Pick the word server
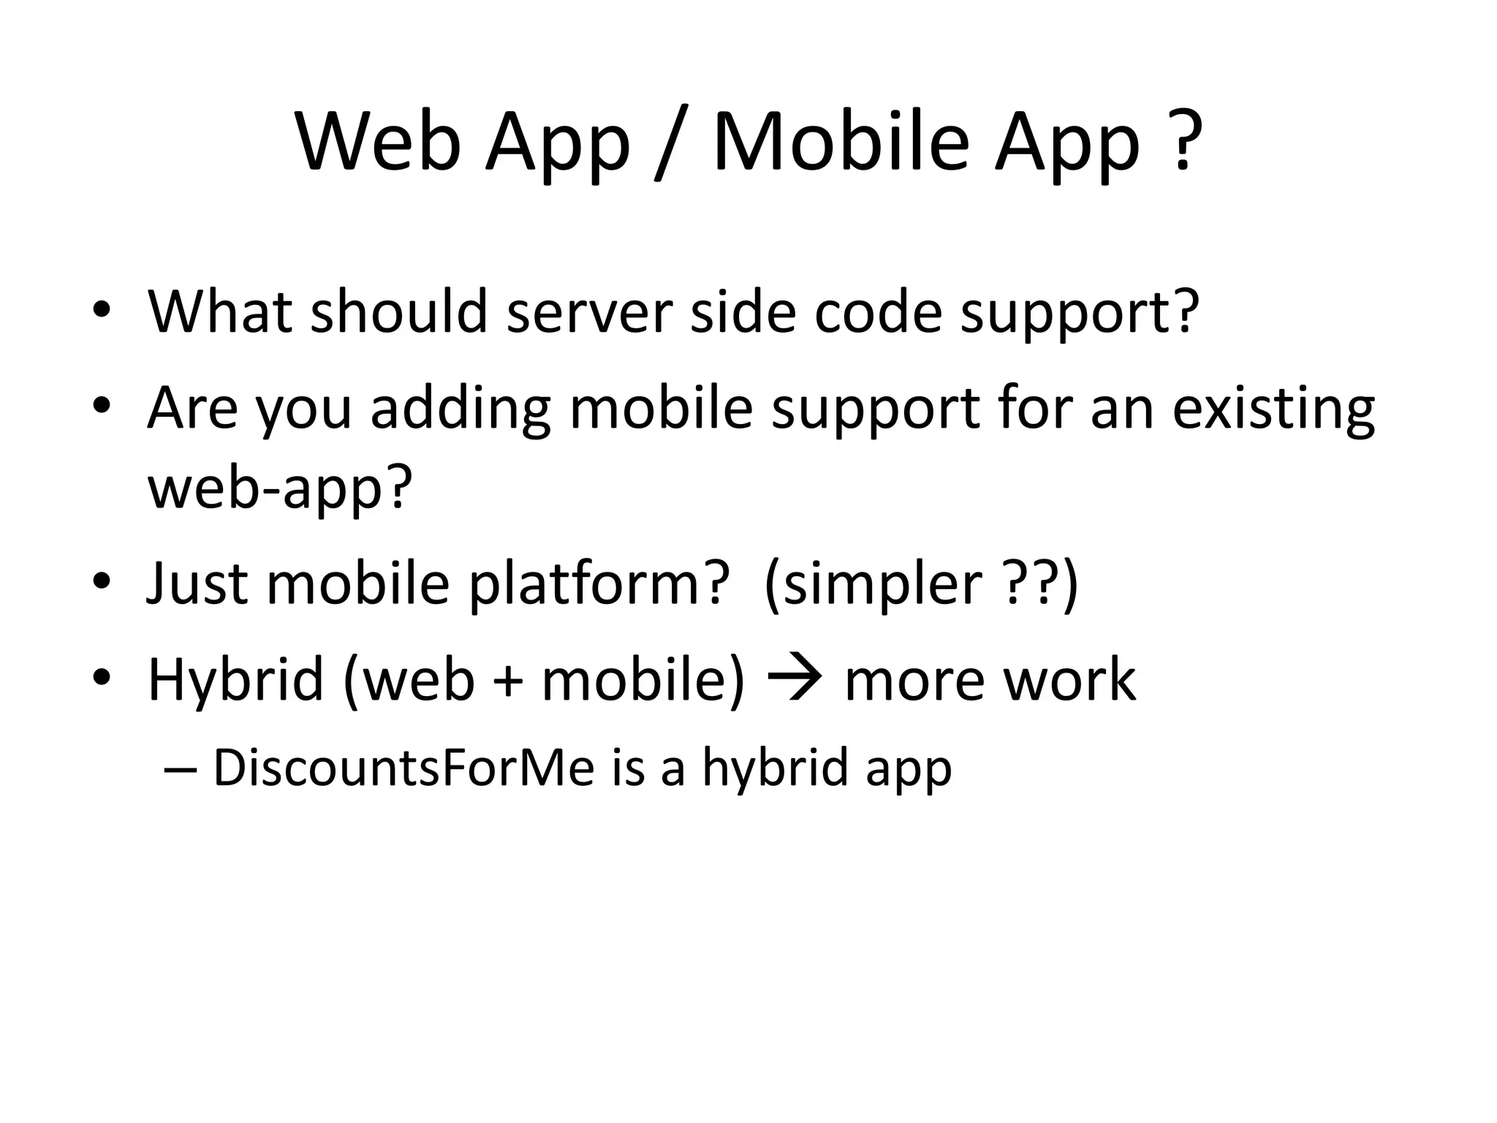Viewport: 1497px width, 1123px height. (589, 313)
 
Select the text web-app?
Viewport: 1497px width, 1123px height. (280, 488)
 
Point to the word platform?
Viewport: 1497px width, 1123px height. (599, 584)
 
